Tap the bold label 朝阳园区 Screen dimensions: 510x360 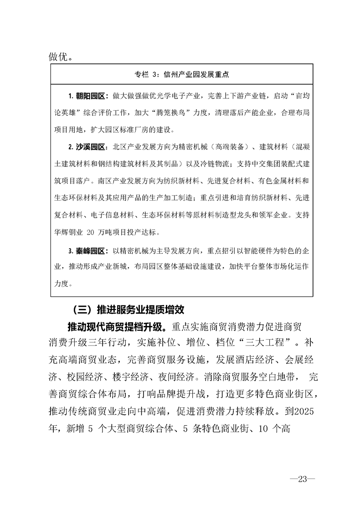(90, 97)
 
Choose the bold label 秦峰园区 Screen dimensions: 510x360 (90, 251)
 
